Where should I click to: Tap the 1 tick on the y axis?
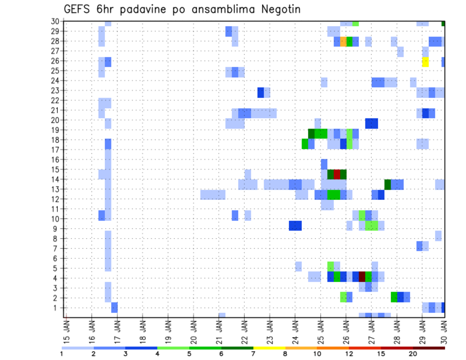57,308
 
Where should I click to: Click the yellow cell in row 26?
425,62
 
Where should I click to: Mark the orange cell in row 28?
343,42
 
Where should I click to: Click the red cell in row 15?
337,174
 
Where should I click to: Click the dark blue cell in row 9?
295,226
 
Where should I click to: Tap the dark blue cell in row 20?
371,123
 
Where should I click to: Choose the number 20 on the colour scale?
413,354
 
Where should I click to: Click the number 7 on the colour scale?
253,354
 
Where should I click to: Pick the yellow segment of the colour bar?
269,348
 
